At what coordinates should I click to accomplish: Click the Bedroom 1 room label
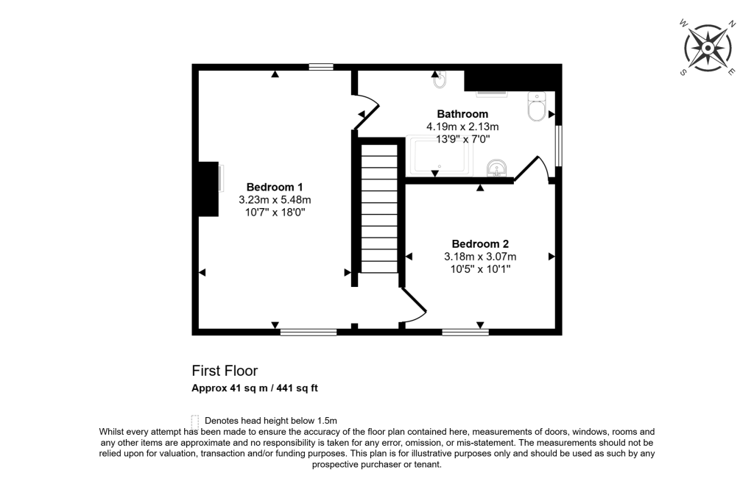coord(274,187)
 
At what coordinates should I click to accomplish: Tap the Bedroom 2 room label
coord(480,243)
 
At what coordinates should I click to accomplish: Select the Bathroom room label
coord(462,114)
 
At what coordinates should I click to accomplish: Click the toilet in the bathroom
coord(536,108)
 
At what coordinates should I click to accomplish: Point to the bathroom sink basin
coord(498,169)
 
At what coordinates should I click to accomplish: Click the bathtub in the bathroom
coord(440,157)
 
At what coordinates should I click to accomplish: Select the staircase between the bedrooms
coord(379,213)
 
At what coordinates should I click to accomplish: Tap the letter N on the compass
coord(732,24)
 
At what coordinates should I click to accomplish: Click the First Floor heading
coord(225,371)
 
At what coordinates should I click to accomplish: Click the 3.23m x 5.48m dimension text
coord(275,199)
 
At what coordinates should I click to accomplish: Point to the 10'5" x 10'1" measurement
coord(480,269)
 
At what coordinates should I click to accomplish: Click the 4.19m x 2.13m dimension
coord(462,127)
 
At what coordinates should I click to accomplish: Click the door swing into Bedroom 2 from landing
coord(415,305)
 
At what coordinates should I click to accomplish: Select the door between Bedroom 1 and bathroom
coord(366,112)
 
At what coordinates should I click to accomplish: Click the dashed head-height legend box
coord(195,421)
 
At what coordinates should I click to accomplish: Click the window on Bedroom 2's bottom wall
coord(465,332)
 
